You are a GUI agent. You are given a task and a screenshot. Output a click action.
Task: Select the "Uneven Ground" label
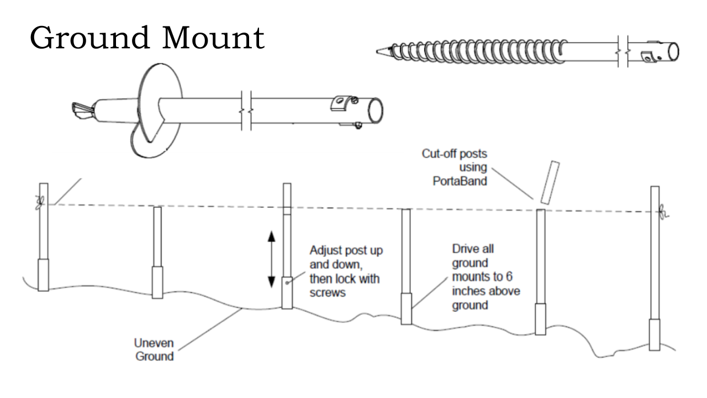[x=155, y=350]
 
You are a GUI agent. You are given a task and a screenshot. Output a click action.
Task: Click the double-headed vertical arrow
[x=271, y=260]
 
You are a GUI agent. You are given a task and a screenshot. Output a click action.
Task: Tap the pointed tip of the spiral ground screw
[x=380, y=51]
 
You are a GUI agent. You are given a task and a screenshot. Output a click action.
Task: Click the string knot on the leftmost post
[x=39, y=203]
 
